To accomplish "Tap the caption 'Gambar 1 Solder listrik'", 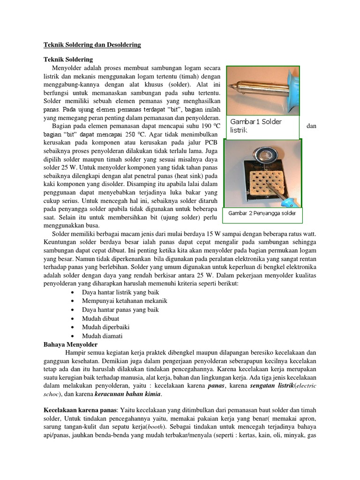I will point(255,125).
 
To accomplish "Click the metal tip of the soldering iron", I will point(233,86).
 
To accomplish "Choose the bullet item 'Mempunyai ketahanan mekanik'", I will point(124,301).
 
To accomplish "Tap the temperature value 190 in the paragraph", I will point(200,127).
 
